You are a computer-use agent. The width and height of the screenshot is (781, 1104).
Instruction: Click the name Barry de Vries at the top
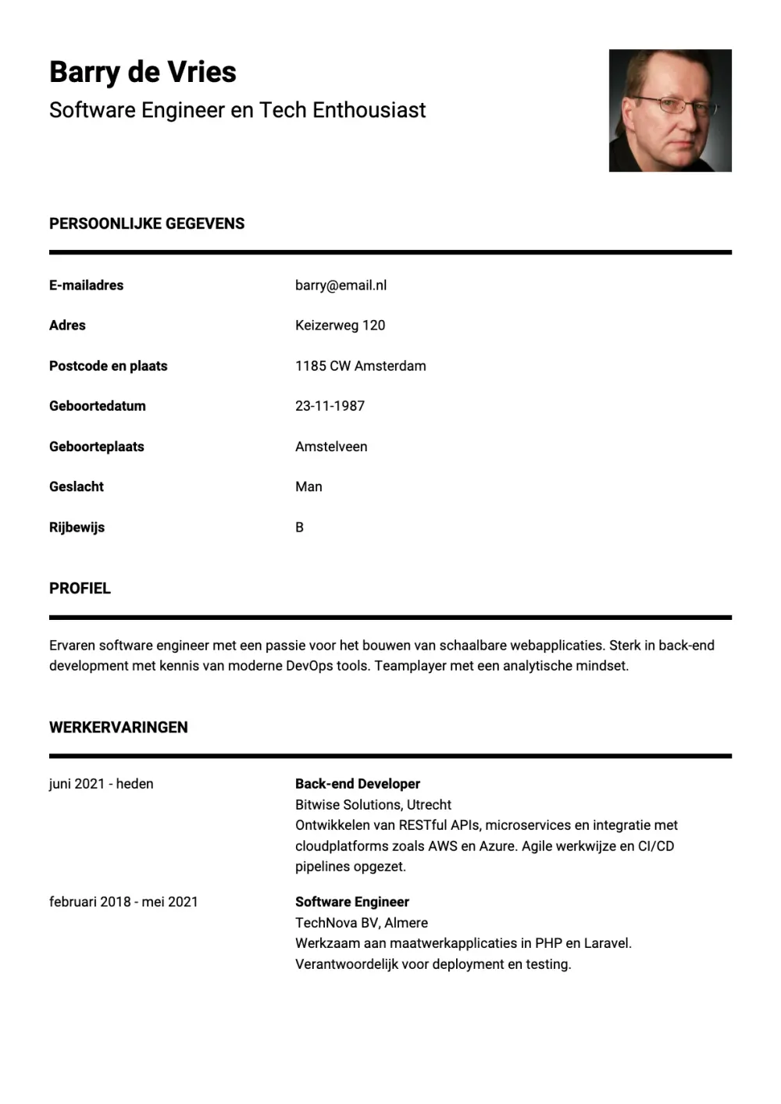[142, 72]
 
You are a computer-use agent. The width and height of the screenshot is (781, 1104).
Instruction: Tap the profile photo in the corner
[669, 110]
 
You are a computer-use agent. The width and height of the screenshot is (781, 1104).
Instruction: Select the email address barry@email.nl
[341, 285]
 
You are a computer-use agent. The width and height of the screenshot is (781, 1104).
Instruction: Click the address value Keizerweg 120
[340, 325]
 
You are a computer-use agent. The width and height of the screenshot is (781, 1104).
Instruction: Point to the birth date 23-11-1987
[330, 405]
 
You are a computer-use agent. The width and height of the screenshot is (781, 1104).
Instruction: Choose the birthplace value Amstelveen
[331, 447]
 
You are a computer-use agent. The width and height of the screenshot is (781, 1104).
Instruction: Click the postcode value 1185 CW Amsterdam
[360, 365]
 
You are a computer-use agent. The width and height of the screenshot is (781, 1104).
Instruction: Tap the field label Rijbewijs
[77, 527]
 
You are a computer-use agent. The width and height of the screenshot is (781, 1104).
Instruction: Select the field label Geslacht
[77, 486]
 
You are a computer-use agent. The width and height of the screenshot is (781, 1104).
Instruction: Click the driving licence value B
[299, 527]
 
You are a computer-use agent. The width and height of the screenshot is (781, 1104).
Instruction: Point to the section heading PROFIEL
[80, 588]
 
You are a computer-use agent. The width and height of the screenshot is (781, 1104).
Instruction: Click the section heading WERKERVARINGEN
[119, 727]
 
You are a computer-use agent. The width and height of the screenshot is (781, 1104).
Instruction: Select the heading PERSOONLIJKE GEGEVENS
[147, 223]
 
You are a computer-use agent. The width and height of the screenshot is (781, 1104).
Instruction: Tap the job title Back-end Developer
[358, 783]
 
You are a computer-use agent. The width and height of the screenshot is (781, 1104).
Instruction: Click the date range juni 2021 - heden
[101, 783]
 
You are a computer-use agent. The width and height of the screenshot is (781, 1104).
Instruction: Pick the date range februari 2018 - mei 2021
[123, 902]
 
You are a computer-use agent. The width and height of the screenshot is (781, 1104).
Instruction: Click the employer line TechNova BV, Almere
[362, 922]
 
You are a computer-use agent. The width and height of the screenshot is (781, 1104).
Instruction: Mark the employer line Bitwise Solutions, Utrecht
[373, 804]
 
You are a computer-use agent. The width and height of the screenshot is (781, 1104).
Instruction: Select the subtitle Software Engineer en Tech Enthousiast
[237, 110]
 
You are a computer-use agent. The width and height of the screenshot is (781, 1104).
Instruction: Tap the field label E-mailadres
[86, 285]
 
